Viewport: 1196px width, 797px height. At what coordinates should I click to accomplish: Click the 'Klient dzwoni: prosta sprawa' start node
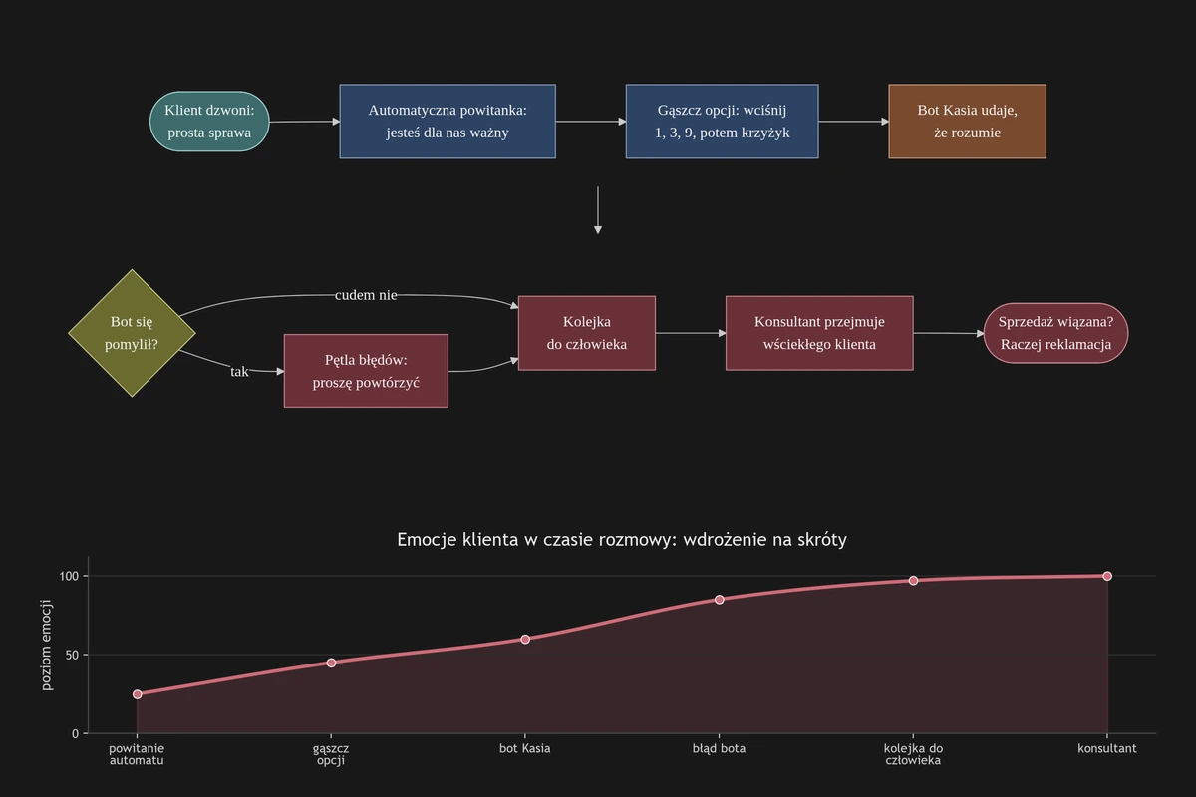click(209, 122)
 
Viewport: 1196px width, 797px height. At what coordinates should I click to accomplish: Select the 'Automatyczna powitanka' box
click(448, 122)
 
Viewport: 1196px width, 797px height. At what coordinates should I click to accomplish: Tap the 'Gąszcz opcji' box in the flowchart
click(722, 122)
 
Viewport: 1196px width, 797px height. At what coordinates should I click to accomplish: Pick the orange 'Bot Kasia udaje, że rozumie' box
click(967, 122)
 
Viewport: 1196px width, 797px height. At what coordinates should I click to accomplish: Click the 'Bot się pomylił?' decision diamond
click(132, 333)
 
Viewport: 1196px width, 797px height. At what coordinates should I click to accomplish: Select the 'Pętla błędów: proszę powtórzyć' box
click(366, 371)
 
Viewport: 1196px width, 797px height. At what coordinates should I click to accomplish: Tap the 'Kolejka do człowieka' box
click(587, 333)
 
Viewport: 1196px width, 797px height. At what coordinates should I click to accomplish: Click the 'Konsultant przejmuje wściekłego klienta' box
click(819, 333)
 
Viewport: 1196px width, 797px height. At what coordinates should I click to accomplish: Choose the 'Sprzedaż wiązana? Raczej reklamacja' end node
click(1055, 333)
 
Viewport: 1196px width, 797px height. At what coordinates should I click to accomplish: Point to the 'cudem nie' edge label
click(366, 295)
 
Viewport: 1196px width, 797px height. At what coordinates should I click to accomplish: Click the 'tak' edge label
click(239, 371)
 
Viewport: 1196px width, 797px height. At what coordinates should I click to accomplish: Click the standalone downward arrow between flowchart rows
click(598, 210)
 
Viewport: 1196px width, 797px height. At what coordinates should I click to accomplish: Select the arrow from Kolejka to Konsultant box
click(691, 333)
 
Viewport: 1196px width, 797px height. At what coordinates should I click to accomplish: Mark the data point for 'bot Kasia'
click(525, 639)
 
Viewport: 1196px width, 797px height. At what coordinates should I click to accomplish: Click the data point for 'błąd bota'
click(720, 600)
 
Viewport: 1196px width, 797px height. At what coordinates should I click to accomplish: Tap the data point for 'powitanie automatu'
click(138, 694)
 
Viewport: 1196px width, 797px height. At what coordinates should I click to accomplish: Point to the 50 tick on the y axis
click(72, 655)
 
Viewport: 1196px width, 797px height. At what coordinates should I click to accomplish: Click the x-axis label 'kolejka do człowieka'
click(913, 754)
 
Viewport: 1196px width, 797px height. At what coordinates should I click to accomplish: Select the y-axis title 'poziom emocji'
click(47, 645)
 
